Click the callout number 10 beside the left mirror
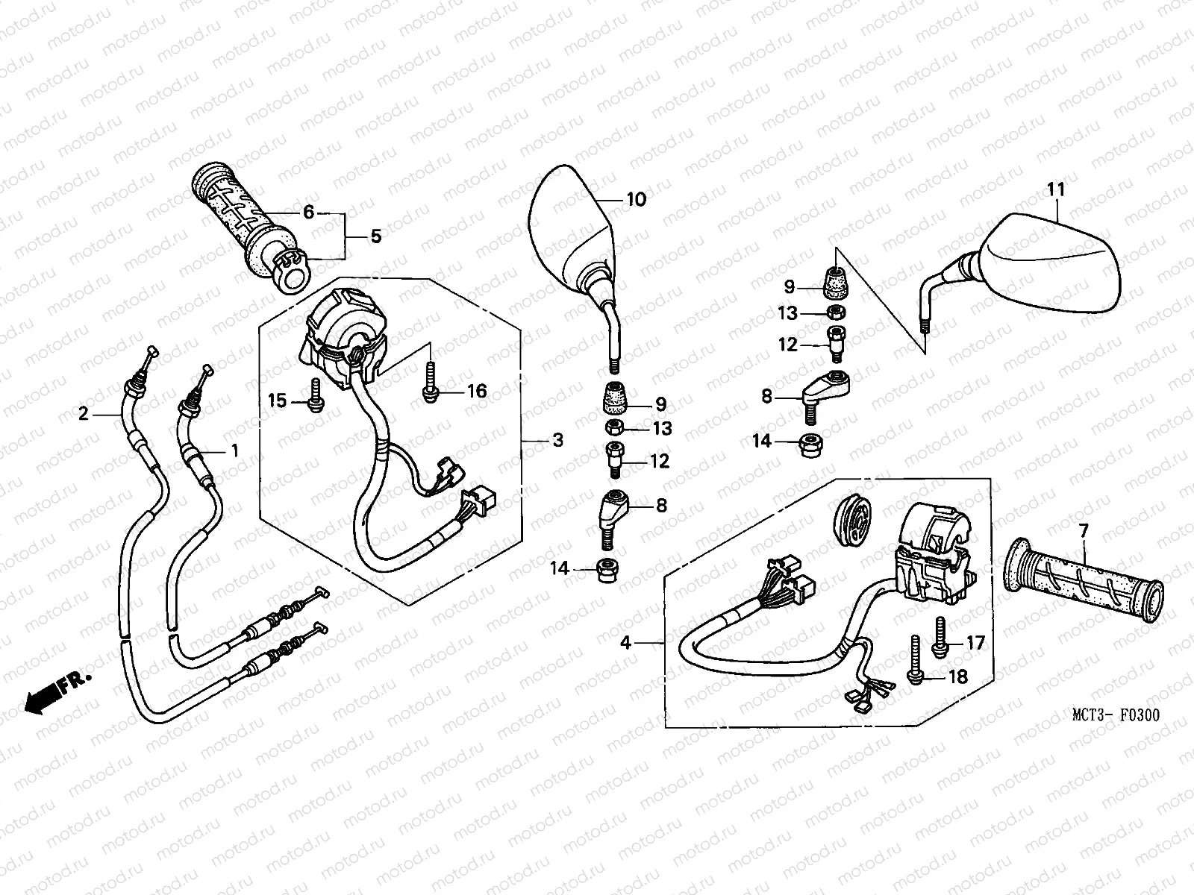636,199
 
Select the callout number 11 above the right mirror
1055,189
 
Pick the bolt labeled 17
939,638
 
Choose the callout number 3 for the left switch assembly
557,440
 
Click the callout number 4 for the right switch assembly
625,641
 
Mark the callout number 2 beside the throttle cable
84,413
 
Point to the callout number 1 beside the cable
235,450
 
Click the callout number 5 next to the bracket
375,236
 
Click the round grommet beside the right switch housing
851,520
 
